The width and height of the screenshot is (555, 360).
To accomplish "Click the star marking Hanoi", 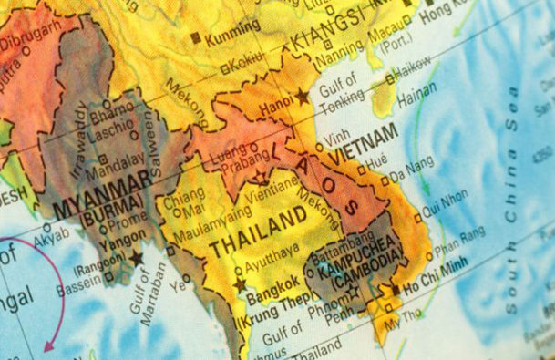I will (x=303, y=95).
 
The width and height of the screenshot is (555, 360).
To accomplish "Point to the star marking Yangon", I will (x=138, y=258).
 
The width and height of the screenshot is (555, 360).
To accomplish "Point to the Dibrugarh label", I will (x=29, y=39).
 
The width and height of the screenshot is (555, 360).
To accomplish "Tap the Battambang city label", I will (x=343, y=246).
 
